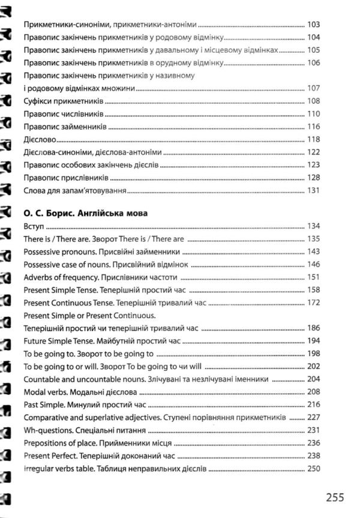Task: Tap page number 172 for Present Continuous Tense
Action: point(313,303)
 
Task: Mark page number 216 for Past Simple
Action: point(313,405)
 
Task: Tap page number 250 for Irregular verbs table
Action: point(313,469)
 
